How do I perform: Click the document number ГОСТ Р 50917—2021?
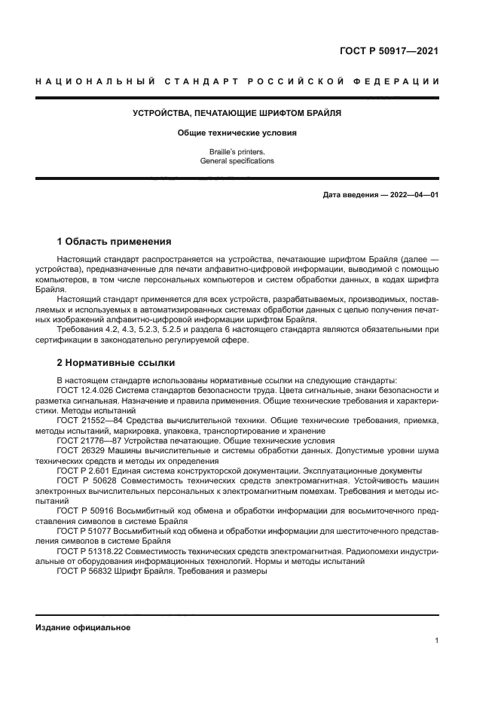point(390,52)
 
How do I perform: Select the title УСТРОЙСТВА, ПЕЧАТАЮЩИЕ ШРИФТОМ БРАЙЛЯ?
point(237,113)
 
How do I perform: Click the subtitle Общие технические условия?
point(237,133)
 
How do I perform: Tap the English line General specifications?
point(237,161)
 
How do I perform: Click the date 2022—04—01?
point(414,195)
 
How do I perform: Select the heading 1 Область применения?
point(115,242)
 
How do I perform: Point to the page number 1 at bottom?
point(437,641)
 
